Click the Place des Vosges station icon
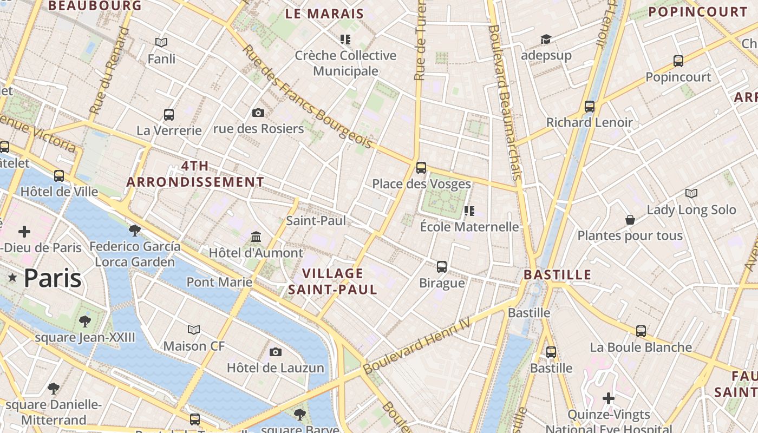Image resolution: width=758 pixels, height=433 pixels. point(421,167)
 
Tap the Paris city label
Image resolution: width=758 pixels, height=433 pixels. point(53,278)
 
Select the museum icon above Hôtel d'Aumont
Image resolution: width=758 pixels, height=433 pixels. point(256,237)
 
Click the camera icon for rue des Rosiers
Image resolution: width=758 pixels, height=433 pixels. point(258,113)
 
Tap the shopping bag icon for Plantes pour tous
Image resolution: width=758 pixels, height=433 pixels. point(630,220)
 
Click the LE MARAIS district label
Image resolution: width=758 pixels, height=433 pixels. point(324,14)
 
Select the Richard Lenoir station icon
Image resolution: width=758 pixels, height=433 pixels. point(590,107)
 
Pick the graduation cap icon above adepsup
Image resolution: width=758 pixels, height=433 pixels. point(546,40)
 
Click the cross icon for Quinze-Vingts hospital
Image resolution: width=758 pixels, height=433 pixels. point(609,398)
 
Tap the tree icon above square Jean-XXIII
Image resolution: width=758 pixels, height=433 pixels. point(85,322)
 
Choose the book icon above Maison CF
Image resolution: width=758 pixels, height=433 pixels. point(194,330)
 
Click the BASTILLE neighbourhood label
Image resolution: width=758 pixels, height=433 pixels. point(557,274)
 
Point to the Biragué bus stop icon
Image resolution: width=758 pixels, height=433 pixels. point(442,266)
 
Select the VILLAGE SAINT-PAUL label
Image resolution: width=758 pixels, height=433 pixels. point(332,281)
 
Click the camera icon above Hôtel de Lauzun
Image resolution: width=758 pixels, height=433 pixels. point(276,352)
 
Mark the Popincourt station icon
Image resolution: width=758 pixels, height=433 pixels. point(678,61)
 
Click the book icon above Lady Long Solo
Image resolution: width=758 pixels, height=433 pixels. point(691,193)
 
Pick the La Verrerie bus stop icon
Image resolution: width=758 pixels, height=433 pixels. point(169,115)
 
